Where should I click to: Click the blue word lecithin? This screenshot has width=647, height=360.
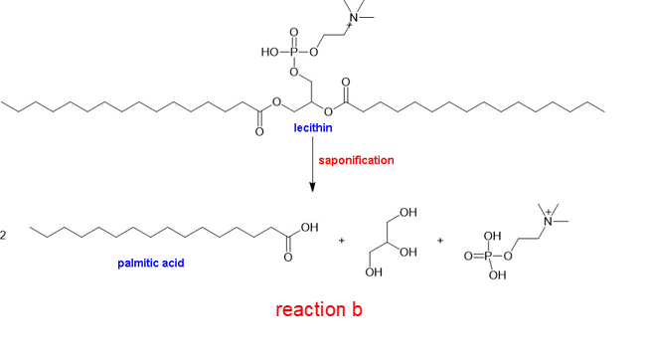[313, 128]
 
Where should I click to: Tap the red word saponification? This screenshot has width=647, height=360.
[356, 160]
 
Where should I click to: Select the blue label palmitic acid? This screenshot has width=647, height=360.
[151, 263]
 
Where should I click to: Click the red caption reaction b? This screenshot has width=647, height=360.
[319, 309]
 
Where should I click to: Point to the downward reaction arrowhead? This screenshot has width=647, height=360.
[312, 187]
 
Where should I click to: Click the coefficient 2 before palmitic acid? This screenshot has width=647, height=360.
[3, 236]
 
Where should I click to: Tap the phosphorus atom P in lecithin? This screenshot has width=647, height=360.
[294, 52]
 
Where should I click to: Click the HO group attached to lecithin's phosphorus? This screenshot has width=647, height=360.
[270, 52]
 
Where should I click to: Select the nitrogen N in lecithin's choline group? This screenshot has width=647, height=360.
[354, 18]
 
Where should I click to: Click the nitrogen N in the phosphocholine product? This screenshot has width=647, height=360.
[548, 222]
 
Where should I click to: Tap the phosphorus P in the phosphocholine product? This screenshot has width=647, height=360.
[488, 257]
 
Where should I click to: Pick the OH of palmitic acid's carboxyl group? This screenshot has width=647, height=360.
[309, 228]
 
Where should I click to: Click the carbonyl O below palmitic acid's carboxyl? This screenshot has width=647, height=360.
[288, 258]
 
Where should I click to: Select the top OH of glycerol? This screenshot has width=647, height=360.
[408, 213]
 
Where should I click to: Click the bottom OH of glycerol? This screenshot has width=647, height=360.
[374, 272]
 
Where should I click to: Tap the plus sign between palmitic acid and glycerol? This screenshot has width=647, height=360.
[342, 241]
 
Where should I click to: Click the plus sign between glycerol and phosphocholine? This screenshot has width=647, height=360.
[440, 241]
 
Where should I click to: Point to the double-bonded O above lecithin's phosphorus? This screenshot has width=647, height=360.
[294, 33]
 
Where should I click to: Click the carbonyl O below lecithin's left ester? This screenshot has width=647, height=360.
[259, 132]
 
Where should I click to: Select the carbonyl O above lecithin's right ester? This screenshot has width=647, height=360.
[346, 83]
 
